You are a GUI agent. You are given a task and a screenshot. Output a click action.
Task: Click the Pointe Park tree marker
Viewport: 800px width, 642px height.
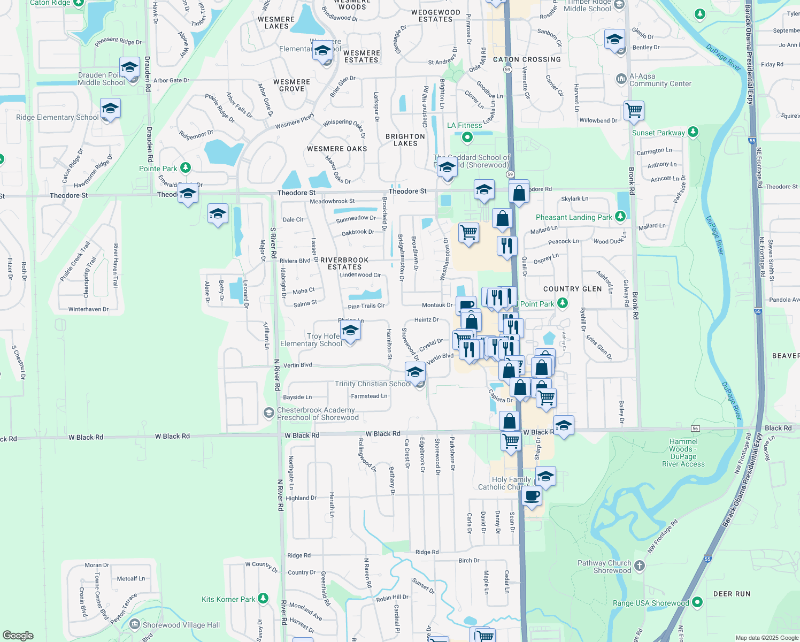(186, 168)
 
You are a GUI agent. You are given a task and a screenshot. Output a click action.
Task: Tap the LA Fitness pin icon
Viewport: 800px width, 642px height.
(467, 137)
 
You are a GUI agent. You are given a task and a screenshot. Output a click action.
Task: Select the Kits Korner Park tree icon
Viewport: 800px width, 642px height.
(263, 599)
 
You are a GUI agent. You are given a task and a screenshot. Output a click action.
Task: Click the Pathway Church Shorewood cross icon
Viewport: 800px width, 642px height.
(640, 566)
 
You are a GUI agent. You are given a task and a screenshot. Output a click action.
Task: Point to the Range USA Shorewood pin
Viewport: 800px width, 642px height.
(697, 602)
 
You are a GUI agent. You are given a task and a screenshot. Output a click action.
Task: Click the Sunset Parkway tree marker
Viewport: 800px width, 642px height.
(693, 132)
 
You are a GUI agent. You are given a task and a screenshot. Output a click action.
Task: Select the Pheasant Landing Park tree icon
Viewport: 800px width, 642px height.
(620, 217)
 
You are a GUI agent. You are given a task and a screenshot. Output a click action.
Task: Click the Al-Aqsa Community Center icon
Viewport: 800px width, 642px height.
(621, 79)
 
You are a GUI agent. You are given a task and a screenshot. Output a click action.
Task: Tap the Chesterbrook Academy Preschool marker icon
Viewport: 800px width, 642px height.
(268, 413)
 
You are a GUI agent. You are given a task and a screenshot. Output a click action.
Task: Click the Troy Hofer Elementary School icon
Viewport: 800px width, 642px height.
(350, 331)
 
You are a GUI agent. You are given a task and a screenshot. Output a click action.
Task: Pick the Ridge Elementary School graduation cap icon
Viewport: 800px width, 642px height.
(110, 109)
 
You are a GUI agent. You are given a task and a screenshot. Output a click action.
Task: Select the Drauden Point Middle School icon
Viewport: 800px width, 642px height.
(129, 68)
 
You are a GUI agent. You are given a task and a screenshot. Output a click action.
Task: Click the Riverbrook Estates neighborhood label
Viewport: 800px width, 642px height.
(344, 263)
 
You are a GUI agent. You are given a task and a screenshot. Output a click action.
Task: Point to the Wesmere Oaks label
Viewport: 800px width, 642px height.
(337, 149)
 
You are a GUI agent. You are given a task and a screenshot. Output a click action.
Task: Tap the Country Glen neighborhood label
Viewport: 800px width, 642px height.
(572, 289)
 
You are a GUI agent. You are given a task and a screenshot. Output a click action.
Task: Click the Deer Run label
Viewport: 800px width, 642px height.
(732, 594)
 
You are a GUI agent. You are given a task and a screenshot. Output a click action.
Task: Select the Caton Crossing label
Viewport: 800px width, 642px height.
(527, 59)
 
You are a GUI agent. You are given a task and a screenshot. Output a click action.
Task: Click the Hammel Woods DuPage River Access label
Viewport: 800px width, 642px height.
(683, 453)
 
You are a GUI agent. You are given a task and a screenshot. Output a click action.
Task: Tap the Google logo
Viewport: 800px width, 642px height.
(18, 635)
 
